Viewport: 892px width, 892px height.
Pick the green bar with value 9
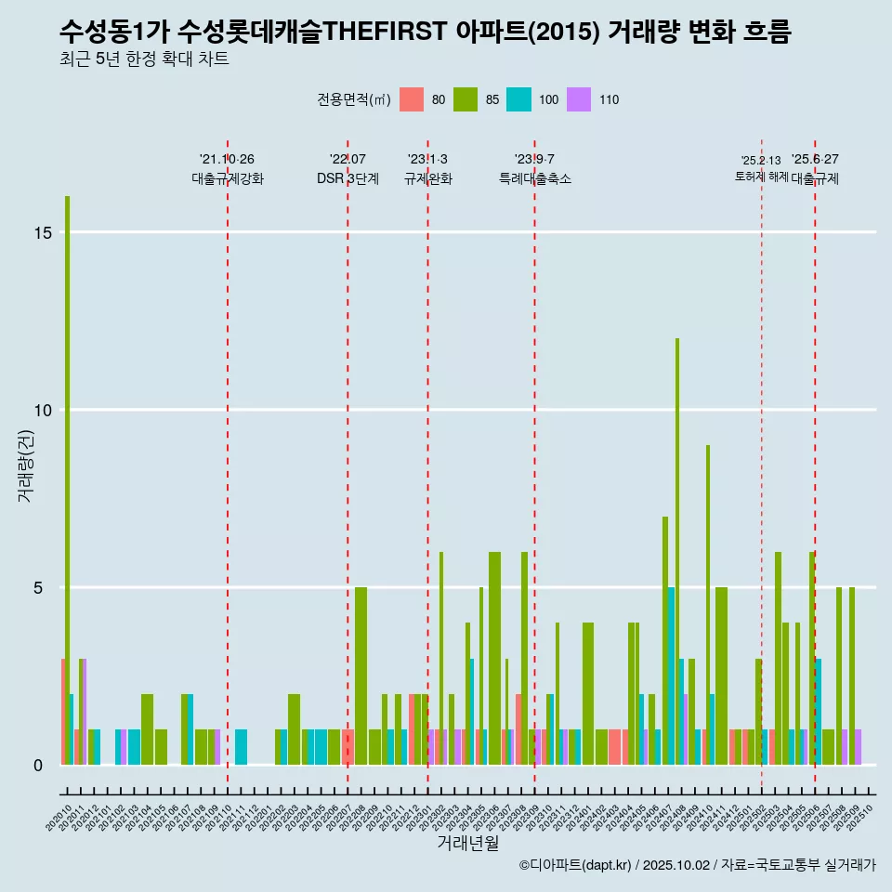tap(708, 604)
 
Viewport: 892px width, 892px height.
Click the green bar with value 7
tap(665, 641)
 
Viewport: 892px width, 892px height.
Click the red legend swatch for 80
tap(412, 100)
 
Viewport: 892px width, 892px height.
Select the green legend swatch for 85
tap(466, 100)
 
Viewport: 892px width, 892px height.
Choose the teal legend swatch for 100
tap(519, 100)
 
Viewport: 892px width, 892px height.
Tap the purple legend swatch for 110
tap(579, 100)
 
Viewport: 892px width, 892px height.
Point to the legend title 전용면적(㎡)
tap(354, 100)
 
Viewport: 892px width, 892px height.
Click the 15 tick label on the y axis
tap(42, 233)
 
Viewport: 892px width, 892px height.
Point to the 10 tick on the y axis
tap(42, 411)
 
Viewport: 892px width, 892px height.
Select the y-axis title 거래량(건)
tap(26, 465)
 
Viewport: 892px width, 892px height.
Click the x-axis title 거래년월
tap(467, 844)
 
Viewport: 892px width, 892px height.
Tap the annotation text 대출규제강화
tap(228, 178)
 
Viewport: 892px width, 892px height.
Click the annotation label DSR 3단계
tap(348, 178)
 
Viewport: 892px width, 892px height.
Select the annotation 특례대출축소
tap(535, 178)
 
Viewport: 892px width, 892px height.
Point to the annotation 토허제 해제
tap(761, 177)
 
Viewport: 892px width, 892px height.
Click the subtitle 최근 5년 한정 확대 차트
tap(143, 59)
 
